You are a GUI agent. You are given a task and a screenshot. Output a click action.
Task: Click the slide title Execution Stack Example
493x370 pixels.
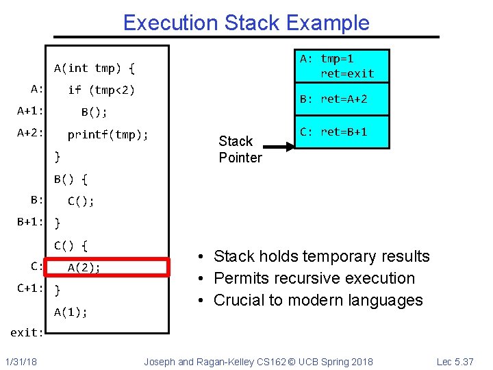click(x=246, y=23)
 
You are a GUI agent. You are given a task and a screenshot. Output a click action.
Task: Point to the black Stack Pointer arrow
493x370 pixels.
click(x=281, y=146)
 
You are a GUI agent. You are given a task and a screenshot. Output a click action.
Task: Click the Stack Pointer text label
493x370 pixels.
click(x=240, y=149)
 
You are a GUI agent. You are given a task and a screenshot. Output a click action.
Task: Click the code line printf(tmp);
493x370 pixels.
click(x=108, y=135)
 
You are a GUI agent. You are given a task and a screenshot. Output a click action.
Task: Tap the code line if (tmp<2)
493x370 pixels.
click(x=101, y=90)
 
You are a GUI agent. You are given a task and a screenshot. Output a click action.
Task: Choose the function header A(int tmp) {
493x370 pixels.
click(x=94, y=68)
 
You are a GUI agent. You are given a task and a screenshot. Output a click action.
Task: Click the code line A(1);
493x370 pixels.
click(x=71, y=312)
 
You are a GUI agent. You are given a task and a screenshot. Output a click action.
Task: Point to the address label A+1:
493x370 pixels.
click(x=31, y=112)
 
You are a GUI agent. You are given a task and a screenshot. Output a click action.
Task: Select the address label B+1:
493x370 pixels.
click(x=31, y=222)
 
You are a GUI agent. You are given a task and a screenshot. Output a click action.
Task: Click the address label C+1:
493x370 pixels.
click(x=31, y=288)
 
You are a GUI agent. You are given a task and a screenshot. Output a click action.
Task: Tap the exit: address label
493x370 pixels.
click(x=27, y=332)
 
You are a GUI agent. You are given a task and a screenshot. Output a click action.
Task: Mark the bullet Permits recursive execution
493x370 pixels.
click(x=314, y=278)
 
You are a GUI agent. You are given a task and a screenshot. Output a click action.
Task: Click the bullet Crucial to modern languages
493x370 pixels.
click(x=318, y=300)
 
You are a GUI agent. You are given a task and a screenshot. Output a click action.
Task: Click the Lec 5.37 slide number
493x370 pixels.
click(x=465, y=361)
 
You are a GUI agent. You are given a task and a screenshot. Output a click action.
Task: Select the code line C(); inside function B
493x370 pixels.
click(x=81, y=201)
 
